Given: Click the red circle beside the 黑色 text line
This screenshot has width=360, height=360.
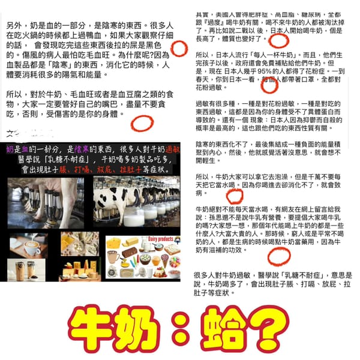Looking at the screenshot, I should tap(178, 48).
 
